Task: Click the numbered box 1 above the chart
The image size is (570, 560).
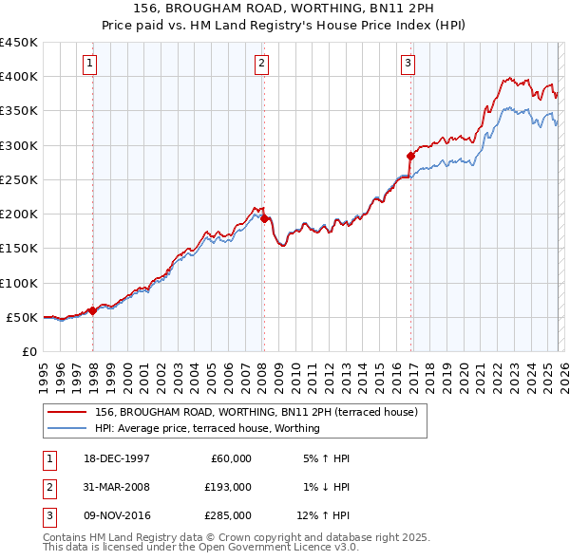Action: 89,64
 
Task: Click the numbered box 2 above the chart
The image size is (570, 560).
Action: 260,64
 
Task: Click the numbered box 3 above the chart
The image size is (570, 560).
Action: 408,64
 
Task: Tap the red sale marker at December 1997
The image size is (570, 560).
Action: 92,310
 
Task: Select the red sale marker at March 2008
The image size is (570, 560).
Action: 263,219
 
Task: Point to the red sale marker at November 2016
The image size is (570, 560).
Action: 410,156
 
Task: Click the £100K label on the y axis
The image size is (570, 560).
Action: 19,283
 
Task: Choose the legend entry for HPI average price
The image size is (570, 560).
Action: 207,428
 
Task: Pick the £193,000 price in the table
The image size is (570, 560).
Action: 229,487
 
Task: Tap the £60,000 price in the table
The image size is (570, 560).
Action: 232,458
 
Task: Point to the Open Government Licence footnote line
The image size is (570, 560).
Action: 200,547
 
